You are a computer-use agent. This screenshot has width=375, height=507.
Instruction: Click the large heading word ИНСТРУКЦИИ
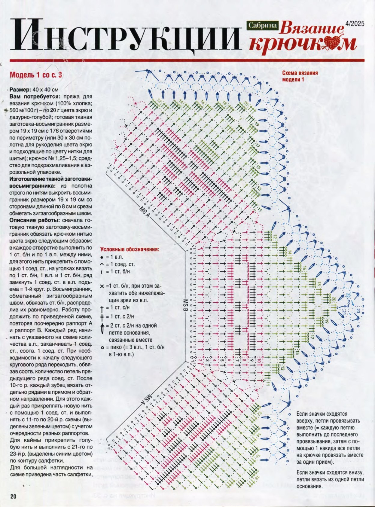(126, 35)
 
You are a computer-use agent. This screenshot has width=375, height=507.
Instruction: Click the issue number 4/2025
(355, 23)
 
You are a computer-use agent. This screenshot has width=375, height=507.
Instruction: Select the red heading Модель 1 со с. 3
(36, 75)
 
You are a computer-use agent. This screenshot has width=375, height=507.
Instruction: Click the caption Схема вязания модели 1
(300, 76)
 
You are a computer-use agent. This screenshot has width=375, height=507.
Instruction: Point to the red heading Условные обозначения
(130, 249)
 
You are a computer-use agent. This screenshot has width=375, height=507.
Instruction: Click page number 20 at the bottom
(13, 496)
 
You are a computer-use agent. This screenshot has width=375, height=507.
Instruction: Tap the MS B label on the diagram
(185, 305)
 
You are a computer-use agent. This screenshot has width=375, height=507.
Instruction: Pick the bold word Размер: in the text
(20, 90)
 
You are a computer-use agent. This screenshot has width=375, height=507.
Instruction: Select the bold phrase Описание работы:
(31, 220)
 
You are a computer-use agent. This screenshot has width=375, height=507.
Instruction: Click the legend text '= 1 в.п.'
(114, 257)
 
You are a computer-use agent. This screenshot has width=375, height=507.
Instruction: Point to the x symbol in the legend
(102, 286)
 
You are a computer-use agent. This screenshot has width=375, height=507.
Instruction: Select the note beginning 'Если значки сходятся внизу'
(330, 480)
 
